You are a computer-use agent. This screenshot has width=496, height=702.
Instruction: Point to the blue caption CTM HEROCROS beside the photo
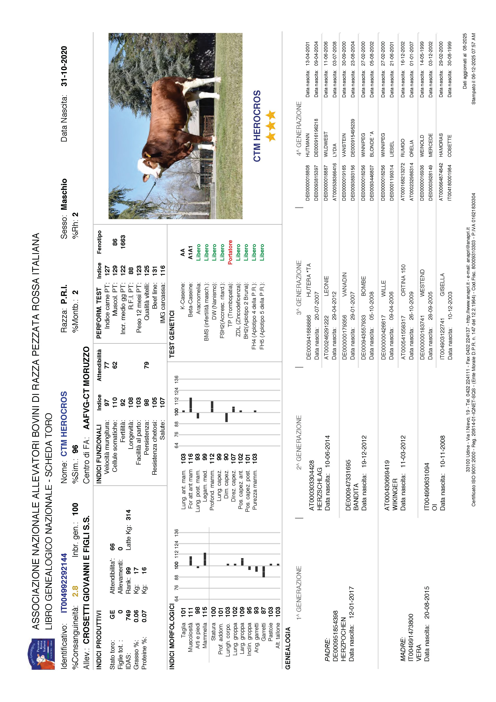click(x=257, y=126)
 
